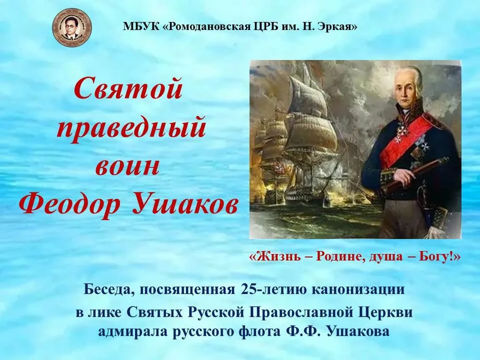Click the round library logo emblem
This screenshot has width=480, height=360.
coord(72,26)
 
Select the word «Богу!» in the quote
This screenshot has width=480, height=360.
coord(439,256)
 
